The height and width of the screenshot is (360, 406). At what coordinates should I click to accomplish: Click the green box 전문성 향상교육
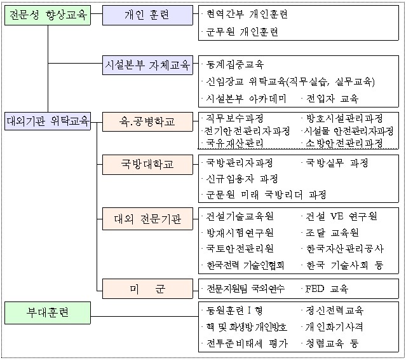point(48,15)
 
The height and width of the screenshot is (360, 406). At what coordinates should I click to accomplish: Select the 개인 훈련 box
point(147,15)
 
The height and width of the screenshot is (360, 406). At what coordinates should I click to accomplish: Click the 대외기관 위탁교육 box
point(48,120)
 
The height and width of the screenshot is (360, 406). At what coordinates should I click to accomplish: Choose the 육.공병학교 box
point(147,120)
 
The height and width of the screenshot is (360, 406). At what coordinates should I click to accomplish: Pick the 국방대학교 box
point(147,163)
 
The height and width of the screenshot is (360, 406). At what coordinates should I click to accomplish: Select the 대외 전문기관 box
point(147,220)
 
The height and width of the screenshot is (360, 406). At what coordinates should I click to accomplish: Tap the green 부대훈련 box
point(48,313)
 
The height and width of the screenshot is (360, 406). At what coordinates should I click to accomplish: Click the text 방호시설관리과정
point(344,118)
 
